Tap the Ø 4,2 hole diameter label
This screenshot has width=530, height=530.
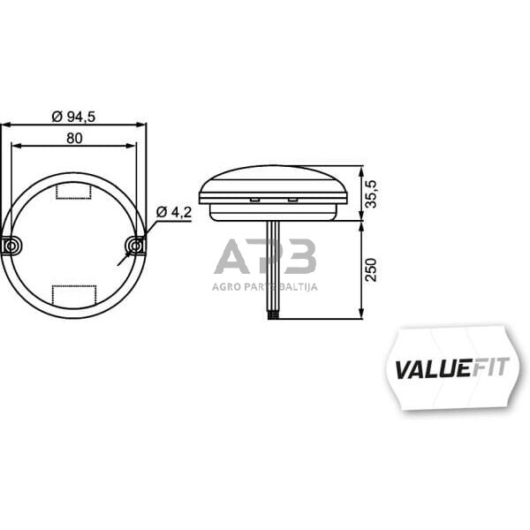pos(173,212)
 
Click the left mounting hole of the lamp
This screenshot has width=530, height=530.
pos(11,245)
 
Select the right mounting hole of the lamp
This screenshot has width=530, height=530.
pos(134,244)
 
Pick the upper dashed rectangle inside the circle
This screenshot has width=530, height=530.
pos(73,191)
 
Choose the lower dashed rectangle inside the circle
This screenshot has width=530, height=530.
pos(73,296)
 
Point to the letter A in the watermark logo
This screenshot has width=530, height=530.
pos(231,258)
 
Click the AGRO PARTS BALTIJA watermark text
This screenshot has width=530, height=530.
pos(265,286)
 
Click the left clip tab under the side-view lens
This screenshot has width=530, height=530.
pos(254,200)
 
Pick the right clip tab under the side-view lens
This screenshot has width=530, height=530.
pos(291,200)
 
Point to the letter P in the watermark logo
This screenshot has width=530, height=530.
pos(265,258)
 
